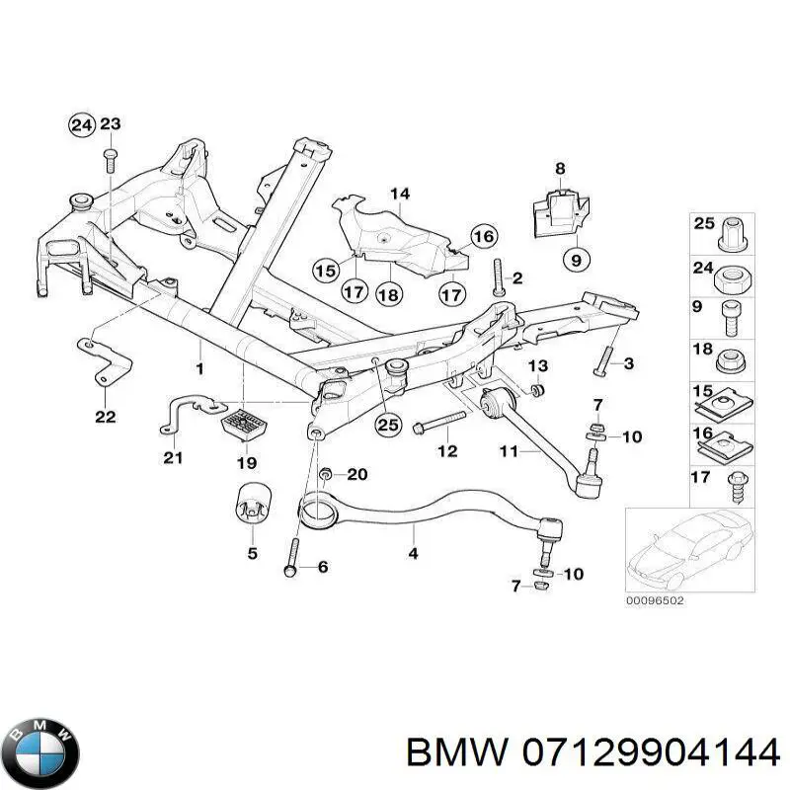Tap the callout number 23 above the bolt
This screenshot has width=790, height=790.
tap(111, 124)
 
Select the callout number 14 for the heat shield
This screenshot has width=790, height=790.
tap(398, 194)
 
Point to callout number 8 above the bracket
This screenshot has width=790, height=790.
tap(560, 169)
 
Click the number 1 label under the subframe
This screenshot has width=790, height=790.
tap(199, 368)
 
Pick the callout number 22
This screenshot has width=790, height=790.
tap(105, 417)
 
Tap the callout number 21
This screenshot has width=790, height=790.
tap(173, 456)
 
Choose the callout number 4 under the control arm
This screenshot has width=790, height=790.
tap(413, 555)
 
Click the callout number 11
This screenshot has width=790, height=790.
tap(509, 451)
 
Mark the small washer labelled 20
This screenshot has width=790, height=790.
tap(328, 475)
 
